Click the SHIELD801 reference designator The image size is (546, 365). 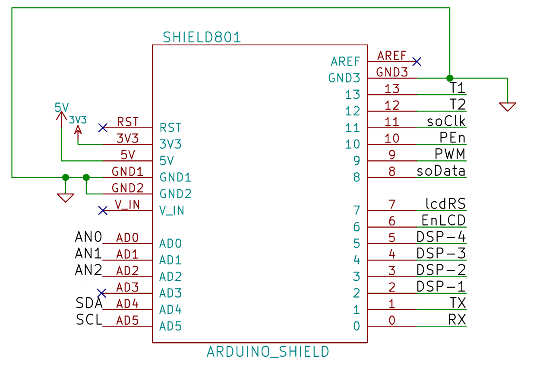202,38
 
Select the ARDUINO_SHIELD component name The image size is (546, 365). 268,352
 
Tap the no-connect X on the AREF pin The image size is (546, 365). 417,62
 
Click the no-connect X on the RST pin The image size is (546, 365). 103,128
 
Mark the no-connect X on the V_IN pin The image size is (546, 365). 103,210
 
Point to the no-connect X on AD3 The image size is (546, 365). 101,293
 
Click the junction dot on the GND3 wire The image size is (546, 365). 450,78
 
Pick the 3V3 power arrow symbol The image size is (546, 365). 78,129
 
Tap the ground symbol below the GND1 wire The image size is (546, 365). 66,198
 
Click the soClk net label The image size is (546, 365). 446,121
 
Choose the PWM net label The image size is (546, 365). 450,154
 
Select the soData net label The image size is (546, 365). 441,171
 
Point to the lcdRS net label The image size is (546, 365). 445,204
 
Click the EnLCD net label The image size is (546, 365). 444,221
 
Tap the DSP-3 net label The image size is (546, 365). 441,254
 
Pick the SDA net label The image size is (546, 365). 89,303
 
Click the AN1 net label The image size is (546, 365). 88,254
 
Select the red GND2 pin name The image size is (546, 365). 127,188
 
